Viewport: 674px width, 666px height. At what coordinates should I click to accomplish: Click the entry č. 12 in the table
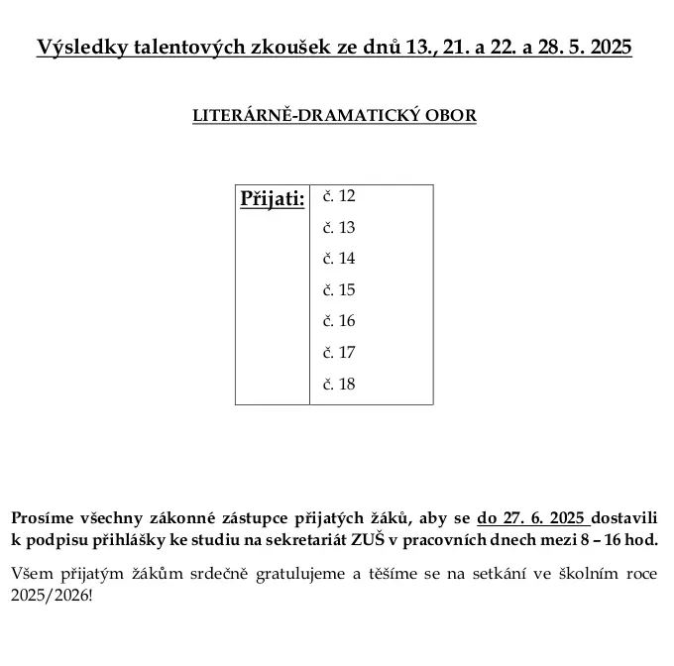coord(339,196)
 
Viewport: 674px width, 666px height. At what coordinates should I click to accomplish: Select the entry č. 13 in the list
coord(339,228)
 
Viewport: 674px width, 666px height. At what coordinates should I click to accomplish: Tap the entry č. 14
coord(339,259)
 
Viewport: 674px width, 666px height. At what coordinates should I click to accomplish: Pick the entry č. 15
coord(339,290)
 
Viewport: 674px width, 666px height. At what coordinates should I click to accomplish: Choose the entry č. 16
coord(339,321)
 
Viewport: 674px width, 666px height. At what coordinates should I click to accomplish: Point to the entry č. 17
coord(339,353)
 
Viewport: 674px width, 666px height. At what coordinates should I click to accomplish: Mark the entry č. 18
coord(339,385)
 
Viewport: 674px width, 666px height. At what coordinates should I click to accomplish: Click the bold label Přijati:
coord(273,199)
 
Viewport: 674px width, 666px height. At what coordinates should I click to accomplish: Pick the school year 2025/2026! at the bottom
coord(51,597)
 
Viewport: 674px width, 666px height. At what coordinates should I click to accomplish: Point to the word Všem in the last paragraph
coord(31,574)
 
